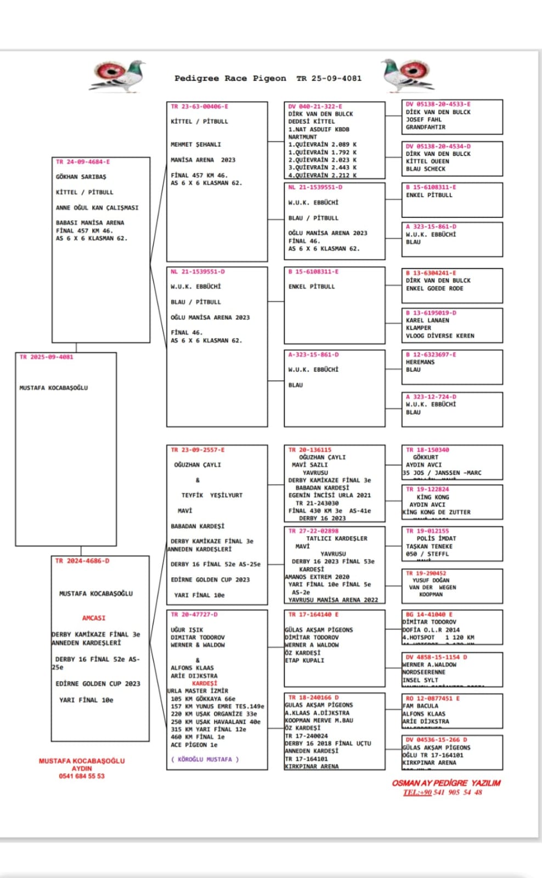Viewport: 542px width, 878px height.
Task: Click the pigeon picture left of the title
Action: (118, 76)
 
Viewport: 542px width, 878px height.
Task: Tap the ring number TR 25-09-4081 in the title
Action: (329, 78)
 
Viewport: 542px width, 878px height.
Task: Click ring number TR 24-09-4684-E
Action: (83, 162)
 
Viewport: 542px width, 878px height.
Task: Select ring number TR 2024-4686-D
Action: (82, 561)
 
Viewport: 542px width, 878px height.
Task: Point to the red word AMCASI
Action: (94, 618)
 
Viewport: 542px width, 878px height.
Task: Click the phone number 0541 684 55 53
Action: (81, 776)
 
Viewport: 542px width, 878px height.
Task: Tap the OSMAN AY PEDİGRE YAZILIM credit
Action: (445, 783)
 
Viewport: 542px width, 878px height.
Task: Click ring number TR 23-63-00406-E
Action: (199, 106)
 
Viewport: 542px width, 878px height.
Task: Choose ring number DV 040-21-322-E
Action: (315, 106)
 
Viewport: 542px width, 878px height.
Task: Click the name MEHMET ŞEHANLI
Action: (196, 144)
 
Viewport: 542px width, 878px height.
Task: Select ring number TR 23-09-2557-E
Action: (197, 450)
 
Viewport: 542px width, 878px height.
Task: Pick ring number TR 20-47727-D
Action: (194, 615)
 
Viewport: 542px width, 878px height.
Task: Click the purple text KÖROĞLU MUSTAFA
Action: (205, 759)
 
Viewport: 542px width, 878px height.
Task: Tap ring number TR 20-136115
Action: (310, 450)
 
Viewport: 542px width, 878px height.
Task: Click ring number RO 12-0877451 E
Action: (432, 699)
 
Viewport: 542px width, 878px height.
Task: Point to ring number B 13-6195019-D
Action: (431, 313)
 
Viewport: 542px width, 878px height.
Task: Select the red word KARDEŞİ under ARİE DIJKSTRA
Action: (205, 684)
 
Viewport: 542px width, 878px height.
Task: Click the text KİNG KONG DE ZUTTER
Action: (437, 512)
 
